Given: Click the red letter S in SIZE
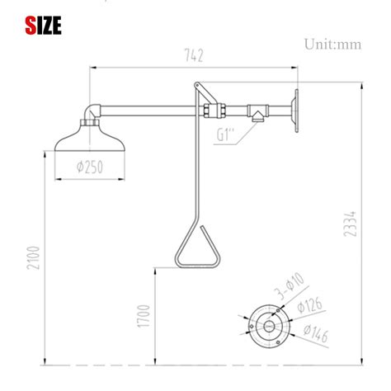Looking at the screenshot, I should pyautogui.click(x=30, y=26).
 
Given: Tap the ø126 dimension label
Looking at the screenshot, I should pyautogui.click(x=311, y=308).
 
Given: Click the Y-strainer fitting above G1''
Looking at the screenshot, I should pyautogui.click(x=260, y=113).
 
